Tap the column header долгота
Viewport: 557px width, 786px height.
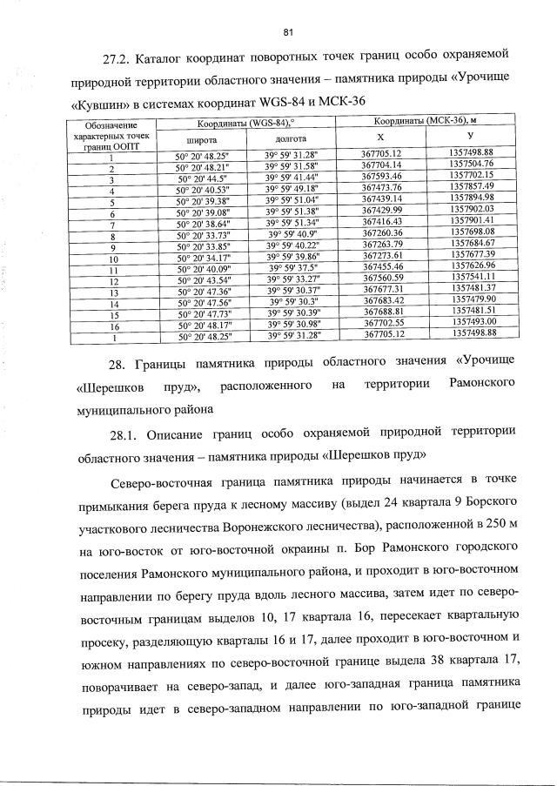point(291,138)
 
